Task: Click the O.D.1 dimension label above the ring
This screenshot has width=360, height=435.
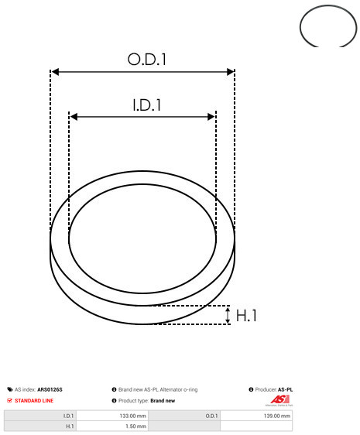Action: [x=146, y=59]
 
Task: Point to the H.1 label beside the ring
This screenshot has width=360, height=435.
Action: [x=247, y=316]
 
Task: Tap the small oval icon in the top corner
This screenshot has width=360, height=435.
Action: [x=329, y=27]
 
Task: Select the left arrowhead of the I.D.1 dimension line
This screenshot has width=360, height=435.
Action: [x=74, y=117]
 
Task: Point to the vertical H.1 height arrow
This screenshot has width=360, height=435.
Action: [x=228, y=315]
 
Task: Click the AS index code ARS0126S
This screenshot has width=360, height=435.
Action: [x=50, y=389]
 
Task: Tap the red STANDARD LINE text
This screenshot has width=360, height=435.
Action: [x=35, y=401]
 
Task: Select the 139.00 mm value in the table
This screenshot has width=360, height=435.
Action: [x=276, y=416]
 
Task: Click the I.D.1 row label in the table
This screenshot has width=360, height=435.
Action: [x=68, y=416]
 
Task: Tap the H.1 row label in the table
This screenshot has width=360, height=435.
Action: [x=70, y=426]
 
